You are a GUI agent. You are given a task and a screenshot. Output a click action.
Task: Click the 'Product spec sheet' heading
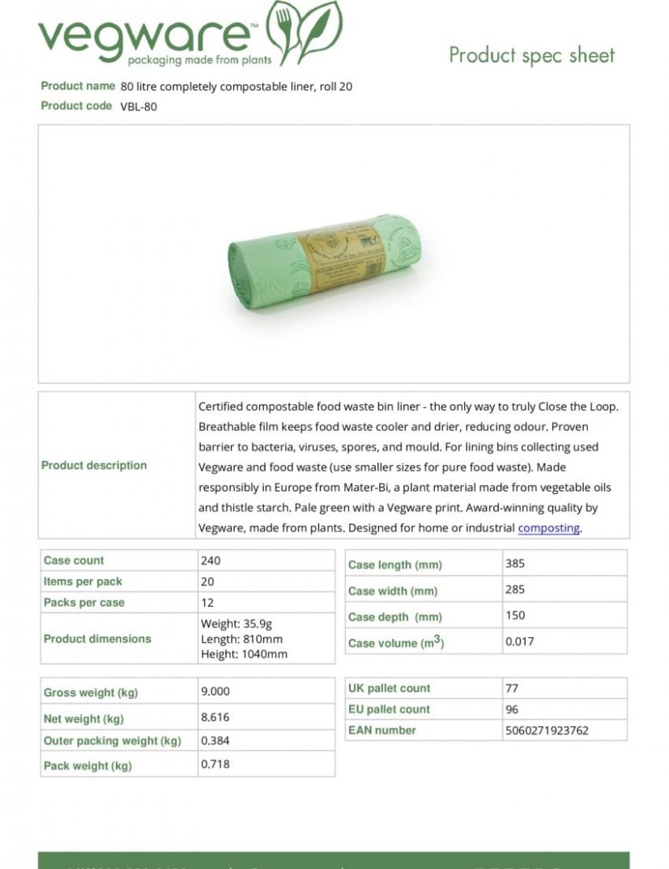point(531,55)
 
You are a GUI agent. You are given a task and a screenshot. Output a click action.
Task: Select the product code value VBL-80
point(138,107)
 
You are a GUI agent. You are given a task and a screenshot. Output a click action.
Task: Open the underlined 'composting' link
point(548,528)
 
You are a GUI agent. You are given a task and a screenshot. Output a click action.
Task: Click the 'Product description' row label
point(94,466)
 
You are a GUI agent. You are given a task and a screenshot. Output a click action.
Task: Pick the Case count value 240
point(211,560)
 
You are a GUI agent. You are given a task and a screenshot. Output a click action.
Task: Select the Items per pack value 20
point(208,581)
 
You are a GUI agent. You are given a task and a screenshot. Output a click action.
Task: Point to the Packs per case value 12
point(207,603)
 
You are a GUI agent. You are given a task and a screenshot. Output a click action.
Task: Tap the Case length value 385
point(514,564)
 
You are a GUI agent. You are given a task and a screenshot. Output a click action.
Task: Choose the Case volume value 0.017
point(519,641)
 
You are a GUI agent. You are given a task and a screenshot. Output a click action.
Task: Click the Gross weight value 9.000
point(215,692)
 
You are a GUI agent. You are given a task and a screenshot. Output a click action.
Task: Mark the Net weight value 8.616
point(215,717)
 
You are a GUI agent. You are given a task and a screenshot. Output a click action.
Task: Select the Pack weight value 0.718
point(215,764)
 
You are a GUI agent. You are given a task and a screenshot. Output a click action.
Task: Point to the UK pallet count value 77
point(511,688)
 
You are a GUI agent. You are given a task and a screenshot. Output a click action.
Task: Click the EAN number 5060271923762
point(547,731)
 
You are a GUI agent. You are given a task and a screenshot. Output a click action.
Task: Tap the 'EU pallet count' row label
point(389,709)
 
